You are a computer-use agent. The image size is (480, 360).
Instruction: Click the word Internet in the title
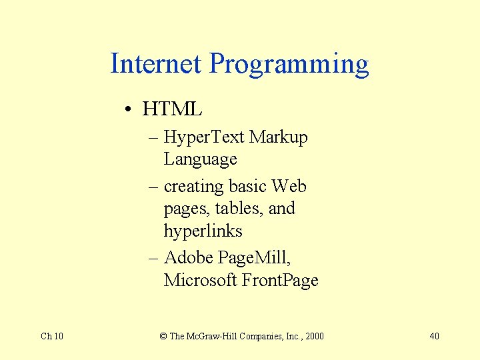pos(156,64)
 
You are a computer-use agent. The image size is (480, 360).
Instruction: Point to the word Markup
pos(278,138)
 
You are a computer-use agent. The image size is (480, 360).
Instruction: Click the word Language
pos(200,160)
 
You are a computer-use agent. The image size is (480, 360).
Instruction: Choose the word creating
pos(193,187)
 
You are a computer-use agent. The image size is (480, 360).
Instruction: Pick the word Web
pos(289,186)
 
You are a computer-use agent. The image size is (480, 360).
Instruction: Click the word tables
pos(241,209)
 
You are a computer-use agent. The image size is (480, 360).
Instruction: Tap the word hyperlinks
pos(203,231)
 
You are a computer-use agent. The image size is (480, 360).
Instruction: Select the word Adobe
pos(189,257)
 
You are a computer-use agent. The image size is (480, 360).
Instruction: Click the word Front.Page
pos(280,281)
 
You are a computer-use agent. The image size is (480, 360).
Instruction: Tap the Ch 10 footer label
pos(52,336)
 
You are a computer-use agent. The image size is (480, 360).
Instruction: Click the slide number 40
pos(434,336)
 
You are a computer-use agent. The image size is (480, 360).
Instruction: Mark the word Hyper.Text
pos(204,138)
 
